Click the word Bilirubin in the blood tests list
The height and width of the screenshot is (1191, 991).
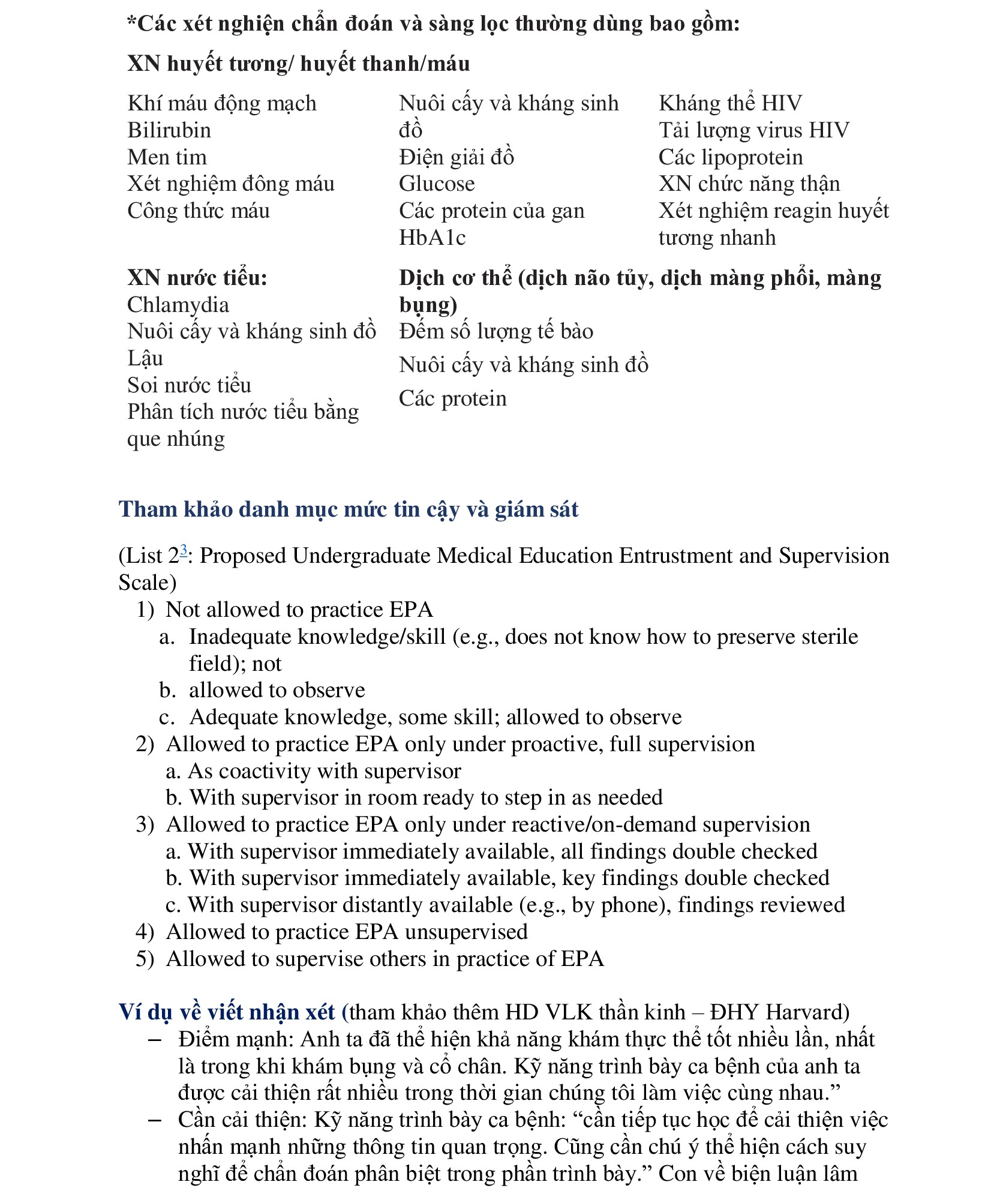[x=169, y=130]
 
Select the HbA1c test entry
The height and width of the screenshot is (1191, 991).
[x=432, y=238]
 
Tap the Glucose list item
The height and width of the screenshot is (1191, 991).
[x=437, y=184]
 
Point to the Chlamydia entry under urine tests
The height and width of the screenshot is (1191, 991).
[x=178, y=305]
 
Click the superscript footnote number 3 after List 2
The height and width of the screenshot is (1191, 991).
[x=184, y=550]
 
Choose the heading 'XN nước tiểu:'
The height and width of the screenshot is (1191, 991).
[x=197, y=278]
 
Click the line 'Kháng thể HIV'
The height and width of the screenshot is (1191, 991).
[x=730, y=103]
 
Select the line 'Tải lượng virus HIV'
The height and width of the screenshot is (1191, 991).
[x=754, y=130]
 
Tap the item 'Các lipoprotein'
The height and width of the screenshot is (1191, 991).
[x=731, y=157]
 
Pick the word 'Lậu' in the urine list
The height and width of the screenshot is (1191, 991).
[x=145, y=358]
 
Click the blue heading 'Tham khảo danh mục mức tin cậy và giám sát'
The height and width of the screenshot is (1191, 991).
[x=349, y=509]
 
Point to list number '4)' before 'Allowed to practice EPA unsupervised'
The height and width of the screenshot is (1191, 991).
[x=145, y=932]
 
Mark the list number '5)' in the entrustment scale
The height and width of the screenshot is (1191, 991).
[x=145, y=959]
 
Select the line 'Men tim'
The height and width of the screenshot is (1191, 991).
[x=167, y=157]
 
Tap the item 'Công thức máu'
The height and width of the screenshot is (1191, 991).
[x=199, y=211]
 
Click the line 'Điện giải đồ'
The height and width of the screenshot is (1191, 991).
[x=457, y=157]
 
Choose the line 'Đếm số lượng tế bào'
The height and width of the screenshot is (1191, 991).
[x=496, y=331]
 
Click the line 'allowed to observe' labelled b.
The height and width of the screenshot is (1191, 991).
[x=277, y=690]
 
